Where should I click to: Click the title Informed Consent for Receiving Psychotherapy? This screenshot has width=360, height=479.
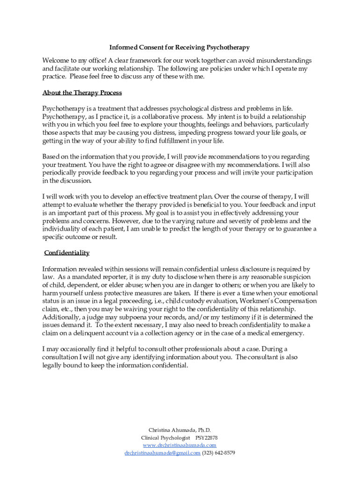tap(180, 47)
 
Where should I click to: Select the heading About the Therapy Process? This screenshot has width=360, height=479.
tap(82, 92)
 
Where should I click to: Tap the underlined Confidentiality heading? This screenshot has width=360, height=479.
tap(67, 253)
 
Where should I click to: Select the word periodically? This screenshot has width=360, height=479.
tap(59, 173)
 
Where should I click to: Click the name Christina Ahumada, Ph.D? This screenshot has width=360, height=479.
tap(180, 430)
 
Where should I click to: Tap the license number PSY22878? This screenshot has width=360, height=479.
tap(206, 437)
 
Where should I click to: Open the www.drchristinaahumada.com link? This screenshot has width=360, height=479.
tap(180, 445)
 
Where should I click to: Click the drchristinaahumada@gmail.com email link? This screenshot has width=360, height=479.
tap(162, 453)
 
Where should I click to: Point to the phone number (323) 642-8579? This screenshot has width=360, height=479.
tap(218, 453)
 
